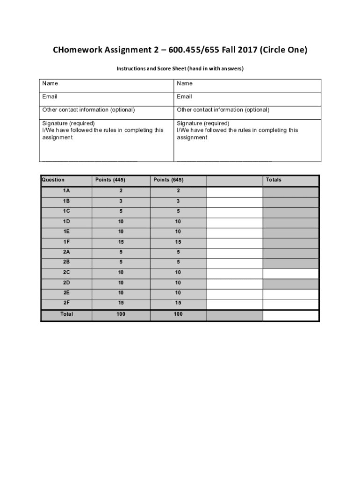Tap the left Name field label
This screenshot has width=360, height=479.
[50, 83]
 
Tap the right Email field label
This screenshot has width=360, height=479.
[184, 96]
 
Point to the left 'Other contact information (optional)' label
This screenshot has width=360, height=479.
[88, 110]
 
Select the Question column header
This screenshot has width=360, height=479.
[53, 180]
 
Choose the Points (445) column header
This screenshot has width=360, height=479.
[110, 180]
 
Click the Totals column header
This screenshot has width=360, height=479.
[274, 180]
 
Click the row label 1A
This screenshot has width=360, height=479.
[66, 191]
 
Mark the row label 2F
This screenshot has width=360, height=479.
[66, 303]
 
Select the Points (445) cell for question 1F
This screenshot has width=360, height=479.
[121, 242]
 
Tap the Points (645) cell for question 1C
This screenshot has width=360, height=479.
[178, 211]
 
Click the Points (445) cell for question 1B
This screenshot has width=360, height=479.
[121, 201]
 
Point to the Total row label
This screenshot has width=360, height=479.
[66, 314]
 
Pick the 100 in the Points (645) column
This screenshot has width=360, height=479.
[178, 314]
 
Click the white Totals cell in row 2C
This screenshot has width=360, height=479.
[290, 273]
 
